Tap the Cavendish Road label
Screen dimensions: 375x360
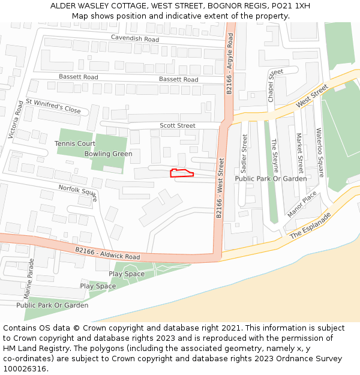(x=134, y=38)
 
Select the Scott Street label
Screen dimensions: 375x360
(x=177, y=125)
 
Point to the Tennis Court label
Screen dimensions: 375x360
(x=75, y=144)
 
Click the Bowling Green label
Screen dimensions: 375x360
(x=108, y=154)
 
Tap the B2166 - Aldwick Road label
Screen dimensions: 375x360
(x=107, y=253)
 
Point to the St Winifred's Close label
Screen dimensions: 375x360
(x=53, y=106)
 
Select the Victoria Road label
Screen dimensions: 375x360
(x=16, y=120)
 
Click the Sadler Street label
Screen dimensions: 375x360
(x=244, y=152)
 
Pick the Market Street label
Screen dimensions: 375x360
(x=299, y=152)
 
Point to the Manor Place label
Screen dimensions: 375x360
(x=302, y=205)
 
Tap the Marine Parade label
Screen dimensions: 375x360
(x=28, y=280)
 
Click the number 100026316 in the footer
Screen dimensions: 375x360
(x=25, y=369)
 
